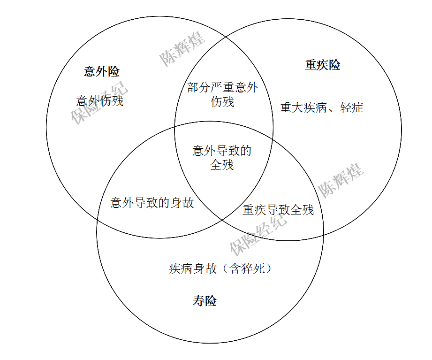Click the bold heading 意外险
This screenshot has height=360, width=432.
pyautogui.click(x=102, y=72)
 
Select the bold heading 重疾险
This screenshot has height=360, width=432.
pyautogui.click(x=322, y=65)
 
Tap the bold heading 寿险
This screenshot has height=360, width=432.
pyautogui.click(x=205, y=301)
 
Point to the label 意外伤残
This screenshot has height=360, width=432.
pyautogui.click(x=100, y=101)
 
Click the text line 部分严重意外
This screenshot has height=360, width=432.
pyautogui.click(x=222, y=88)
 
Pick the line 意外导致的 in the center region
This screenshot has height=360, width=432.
pyautogui.click(x=222, y=151)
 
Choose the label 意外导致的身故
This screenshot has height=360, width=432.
pyautogui.click(x=152, y=203)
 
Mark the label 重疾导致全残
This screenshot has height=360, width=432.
pyautogui.click(x=278, y=209)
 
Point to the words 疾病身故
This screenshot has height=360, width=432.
pyautogui.click(x=193, y=268)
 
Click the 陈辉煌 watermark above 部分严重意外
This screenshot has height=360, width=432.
pyautogui.click(x=182, y=49)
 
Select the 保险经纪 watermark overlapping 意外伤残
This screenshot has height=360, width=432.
pyautogui.click(x=99, y=104)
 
